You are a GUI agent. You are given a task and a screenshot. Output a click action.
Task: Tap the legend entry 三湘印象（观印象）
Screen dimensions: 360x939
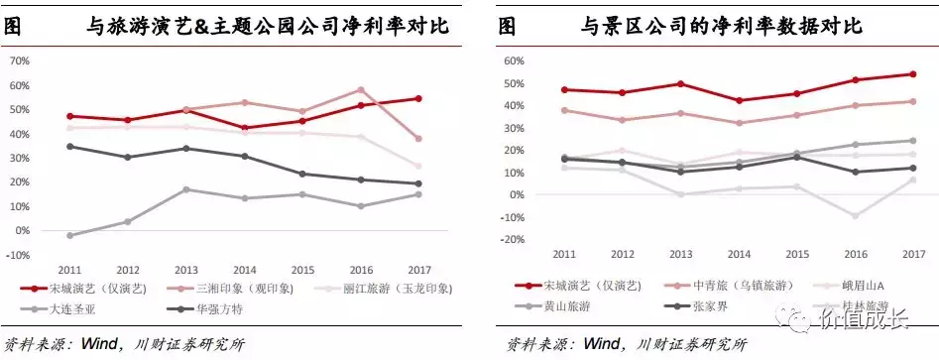click(x=231, y=289)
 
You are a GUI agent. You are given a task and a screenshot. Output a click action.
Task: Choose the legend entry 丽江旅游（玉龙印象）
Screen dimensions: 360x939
click(x=388, y=289)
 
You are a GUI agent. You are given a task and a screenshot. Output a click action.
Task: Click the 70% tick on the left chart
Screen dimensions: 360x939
click(x=20, y=60)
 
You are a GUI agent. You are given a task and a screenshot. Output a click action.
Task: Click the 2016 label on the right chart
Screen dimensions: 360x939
click(x=855, y=253)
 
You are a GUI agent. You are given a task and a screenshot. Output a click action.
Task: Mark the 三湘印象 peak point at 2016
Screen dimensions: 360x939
click(x=360, y=89)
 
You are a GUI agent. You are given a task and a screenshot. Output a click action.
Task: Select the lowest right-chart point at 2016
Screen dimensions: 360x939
click(x=855, y=215)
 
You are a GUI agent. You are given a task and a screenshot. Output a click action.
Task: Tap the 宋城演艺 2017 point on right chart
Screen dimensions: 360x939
click(x=912, y=74)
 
